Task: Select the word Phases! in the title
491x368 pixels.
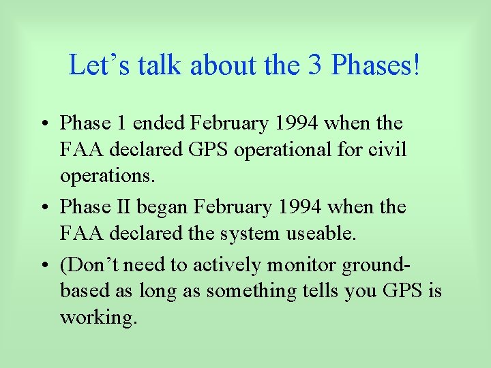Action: click(x=376, y=65)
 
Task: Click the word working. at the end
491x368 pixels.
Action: click(x=98, y=318)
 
